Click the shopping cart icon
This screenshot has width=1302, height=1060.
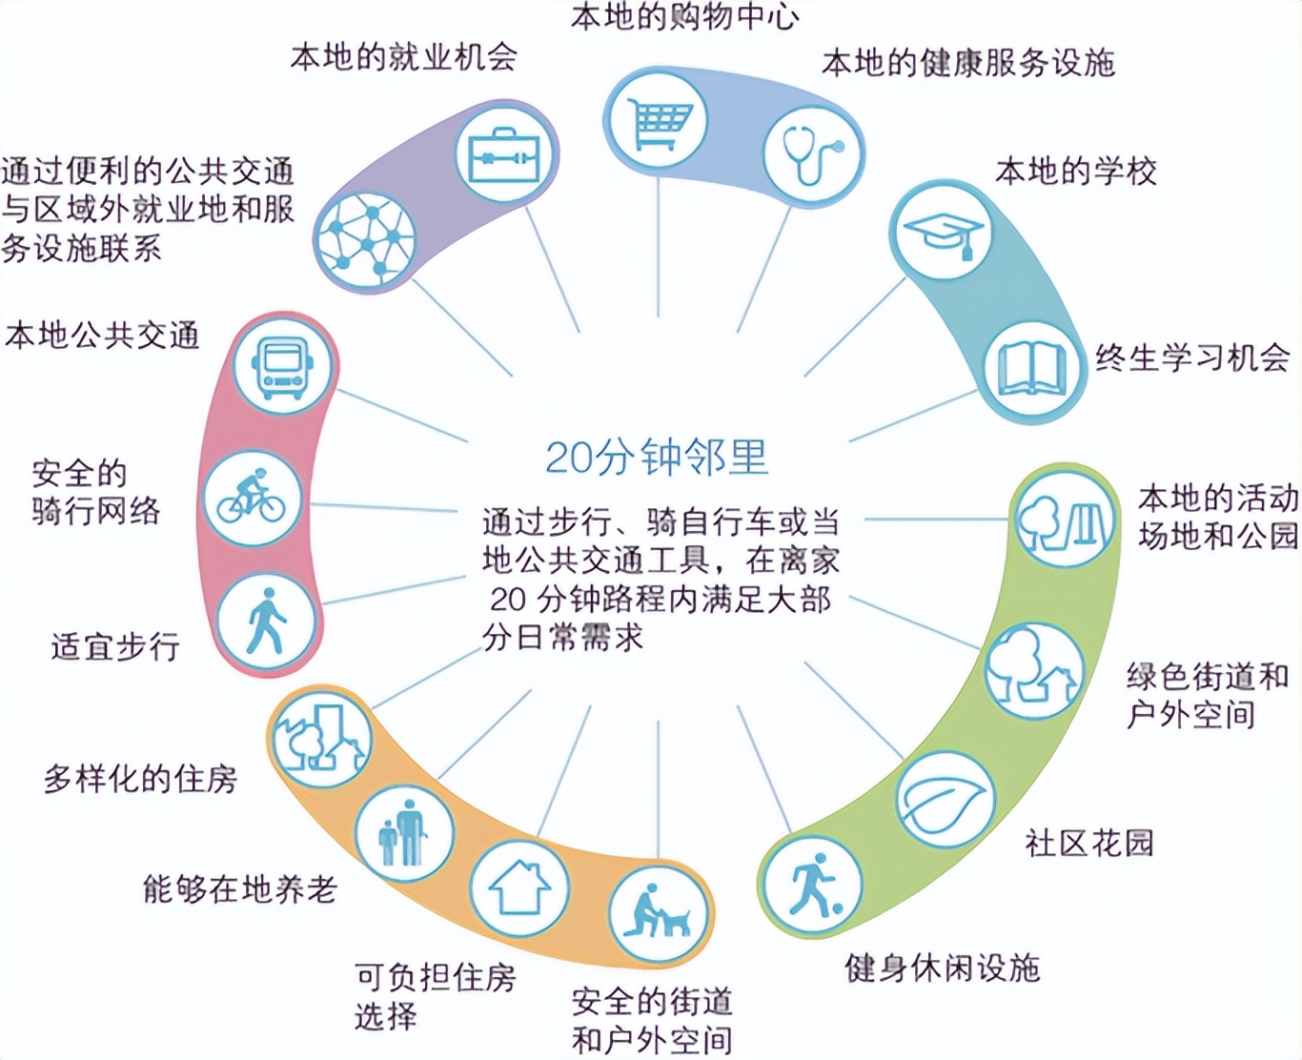[x=658, y=118]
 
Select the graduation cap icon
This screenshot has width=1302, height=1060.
[x=942, y=233]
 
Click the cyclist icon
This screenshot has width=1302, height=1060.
[x=253, y=498]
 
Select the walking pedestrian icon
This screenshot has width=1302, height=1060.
[x=266, y=622]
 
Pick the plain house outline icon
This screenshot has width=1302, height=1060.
[x=520, y=887]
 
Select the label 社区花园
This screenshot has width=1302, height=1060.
[x=1088, y=843]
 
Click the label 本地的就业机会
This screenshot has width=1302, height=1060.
[x=403, y=57]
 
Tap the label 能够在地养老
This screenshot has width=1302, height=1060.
[x=240, y=889]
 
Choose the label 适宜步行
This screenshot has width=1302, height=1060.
[x=115, y=646]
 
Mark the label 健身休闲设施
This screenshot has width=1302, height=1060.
[x=942, y=968]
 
